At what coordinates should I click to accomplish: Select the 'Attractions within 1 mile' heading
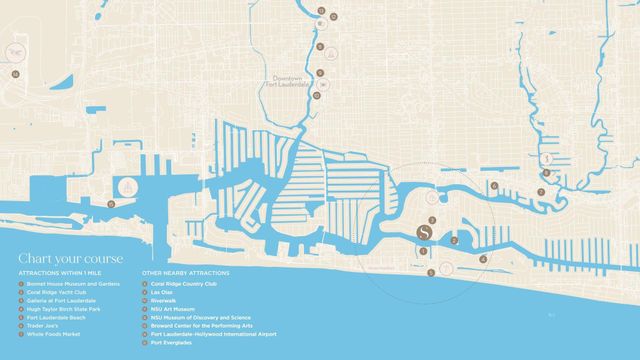[59, 272]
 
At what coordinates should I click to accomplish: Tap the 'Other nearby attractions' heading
[186, 272]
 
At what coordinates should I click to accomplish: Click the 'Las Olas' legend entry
[160, 292]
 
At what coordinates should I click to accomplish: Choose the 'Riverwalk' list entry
[163, 300]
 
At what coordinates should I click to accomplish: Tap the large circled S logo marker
[424, 235]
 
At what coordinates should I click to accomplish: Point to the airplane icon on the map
[16, 49]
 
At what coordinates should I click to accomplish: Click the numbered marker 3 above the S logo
[432, 218]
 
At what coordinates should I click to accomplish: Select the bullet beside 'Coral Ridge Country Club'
[146, 284]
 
